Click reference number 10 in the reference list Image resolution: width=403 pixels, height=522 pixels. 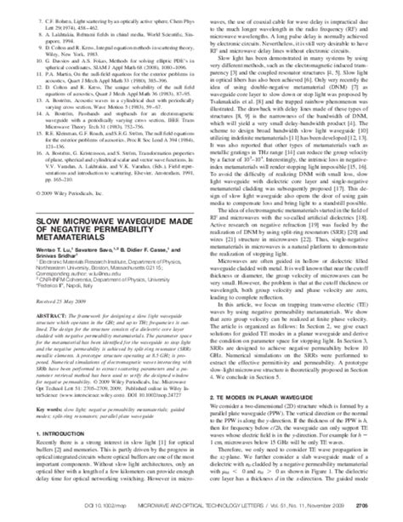point(29,52)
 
